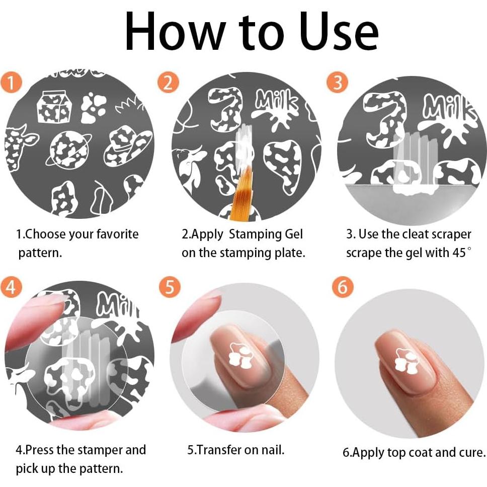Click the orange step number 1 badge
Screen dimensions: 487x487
(11, 83)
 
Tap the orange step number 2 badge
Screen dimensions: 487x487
(168, 83)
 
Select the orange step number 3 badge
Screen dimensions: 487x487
(337, 82)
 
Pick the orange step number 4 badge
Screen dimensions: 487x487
(11, 286)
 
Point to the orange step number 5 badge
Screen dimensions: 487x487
(170, 286)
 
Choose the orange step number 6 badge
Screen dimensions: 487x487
(342, 287)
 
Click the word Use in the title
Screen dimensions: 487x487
(339, 31)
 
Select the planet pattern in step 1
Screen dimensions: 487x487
(68, 149)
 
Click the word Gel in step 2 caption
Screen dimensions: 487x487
(293, 234)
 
